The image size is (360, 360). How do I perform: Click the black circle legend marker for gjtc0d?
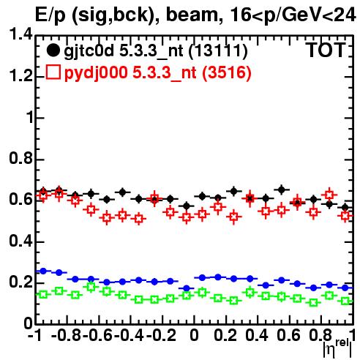[x=53, y=50]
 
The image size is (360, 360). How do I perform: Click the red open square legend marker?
[x=53, y=72]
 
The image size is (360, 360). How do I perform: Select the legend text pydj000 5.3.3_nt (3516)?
[x=158, y=72]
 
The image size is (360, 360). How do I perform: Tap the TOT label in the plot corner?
[x=326, y=50]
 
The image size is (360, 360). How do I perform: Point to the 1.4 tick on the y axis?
[x=20, y=34]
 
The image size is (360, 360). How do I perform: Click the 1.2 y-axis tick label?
[x=20, y=75]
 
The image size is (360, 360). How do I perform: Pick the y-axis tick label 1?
[x=29, y=117]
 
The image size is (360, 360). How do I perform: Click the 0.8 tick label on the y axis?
[x=20, y=158]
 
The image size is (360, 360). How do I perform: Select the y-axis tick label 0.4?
[x=20, y=241]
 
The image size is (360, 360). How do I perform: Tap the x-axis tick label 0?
[x=194, y=335]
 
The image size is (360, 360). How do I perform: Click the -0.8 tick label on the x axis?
[x=67, y=335]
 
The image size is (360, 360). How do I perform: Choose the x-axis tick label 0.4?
[x=257, y=335]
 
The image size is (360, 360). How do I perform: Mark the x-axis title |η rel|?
[x=337, y=348]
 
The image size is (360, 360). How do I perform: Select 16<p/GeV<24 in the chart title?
[x=293, y=15]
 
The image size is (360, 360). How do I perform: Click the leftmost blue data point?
[x=43, y=271]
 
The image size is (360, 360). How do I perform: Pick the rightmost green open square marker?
[x=345, y=301]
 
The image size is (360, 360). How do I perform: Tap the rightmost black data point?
[x=345, y=208]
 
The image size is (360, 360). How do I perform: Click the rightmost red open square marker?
[x=345, y=216]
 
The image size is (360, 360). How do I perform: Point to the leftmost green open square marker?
[x=43, y=294]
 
